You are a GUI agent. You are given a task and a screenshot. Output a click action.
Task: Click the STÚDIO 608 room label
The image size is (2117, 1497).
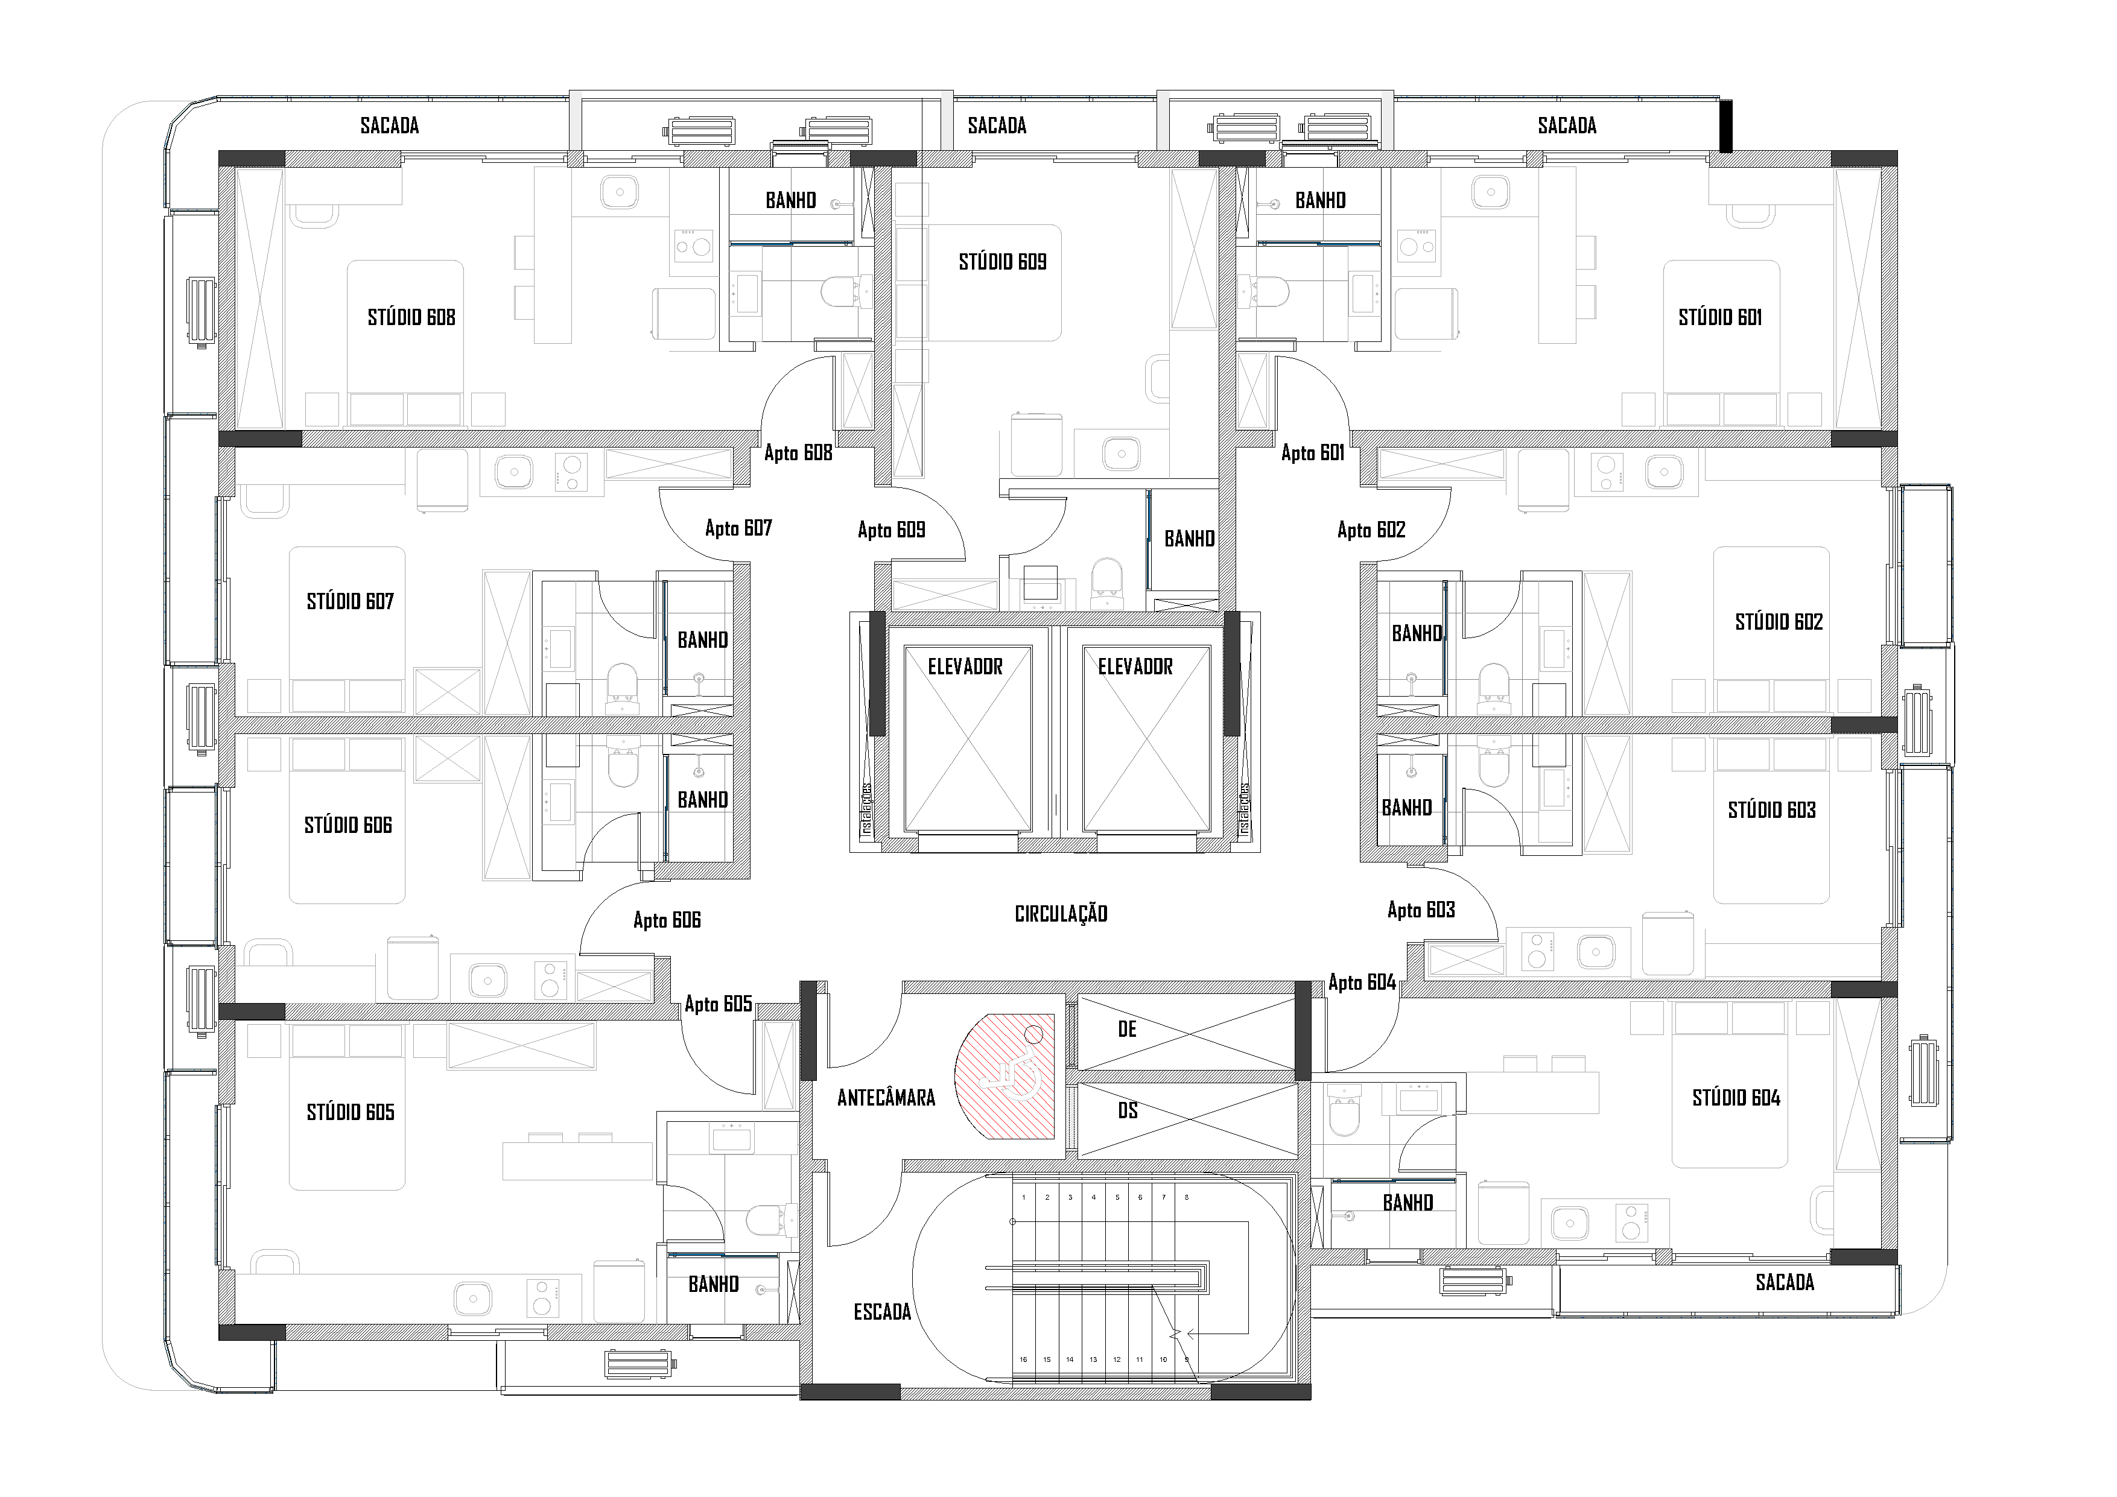tap(411, 318)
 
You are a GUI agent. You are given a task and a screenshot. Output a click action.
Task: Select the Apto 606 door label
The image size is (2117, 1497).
tap(667, 920)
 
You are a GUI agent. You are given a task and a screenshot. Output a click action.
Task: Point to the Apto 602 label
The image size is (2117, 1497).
tap(1371, 530)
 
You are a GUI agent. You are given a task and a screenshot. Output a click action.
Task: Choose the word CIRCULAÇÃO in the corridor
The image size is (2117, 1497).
tap(1061, 914)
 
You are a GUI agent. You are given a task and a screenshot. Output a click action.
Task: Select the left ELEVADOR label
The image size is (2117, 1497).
tap(965, 666)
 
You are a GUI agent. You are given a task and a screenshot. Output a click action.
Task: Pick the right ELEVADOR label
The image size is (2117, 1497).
tap(1135, 666)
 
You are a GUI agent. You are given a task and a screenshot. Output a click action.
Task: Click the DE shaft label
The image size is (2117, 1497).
tap(1127, 1030)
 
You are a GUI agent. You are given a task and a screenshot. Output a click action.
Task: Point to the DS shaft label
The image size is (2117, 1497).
tap(1127, 1111)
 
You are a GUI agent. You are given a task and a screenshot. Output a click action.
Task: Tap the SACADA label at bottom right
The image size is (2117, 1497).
tap(1784, 1282)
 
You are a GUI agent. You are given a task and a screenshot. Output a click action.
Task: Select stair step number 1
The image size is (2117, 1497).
tap(1023, 1197)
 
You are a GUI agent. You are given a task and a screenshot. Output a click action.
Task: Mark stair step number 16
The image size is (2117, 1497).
tap(1023, 1359)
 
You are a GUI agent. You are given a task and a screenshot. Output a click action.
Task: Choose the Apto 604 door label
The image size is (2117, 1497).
tap(1362, 983)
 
